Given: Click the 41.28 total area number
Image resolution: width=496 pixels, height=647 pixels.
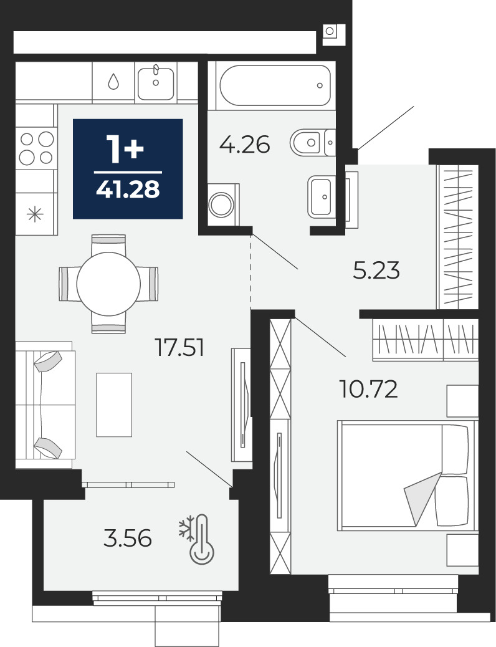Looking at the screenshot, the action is click(128, 189).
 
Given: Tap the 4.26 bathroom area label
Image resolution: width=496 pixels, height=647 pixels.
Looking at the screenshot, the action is click(245, 145).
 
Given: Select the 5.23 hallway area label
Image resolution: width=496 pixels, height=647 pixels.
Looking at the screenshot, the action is click(376, 271).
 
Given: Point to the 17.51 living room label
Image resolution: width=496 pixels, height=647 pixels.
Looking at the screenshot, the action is click(179, 347).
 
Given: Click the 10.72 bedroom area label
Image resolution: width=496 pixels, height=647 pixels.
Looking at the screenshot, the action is click(368, 389).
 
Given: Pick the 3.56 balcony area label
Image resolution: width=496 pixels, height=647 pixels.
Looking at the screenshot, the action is click(128, 539).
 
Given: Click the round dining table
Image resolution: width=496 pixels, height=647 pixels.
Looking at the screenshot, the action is click(108, 284).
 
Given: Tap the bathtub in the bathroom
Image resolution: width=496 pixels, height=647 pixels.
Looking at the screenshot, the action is click(275, 85).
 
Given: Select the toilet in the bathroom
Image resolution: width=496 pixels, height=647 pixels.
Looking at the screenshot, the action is click(313, 142).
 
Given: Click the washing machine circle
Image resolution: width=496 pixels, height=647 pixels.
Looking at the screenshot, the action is click(222, 204).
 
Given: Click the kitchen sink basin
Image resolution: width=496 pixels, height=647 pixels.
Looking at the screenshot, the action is click(156, 83).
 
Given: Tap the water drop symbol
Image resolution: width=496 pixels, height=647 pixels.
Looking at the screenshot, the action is click(113, 81).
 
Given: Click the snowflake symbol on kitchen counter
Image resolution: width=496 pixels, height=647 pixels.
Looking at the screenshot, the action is click(35, 214).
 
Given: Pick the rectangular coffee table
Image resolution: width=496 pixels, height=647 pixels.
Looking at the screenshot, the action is click(114, 405).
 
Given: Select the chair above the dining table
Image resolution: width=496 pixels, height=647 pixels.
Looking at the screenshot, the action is click(108, 245).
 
